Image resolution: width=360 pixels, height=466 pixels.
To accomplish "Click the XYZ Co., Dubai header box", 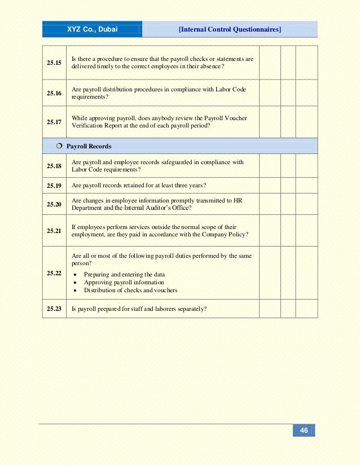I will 93,29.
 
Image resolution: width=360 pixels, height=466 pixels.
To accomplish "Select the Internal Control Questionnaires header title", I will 230,29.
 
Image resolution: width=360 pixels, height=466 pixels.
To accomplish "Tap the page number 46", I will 304,430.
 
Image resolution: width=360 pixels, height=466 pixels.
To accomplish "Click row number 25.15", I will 54,63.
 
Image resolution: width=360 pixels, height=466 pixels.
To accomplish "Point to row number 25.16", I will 54,93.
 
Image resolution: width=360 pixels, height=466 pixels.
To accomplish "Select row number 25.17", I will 54,122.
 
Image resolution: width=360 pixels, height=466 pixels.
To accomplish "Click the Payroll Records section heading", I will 89,146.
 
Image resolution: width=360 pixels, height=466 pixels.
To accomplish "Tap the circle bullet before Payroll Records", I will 59,146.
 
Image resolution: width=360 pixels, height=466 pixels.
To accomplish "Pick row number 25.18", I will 54,166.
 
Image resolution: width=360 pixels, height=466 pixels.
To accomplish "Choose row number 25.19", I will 54,185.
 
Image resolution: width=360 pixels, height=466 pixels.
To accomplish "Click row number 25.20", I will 54,204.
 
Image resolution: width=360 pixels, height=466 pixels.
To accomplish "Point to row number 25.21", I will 54,231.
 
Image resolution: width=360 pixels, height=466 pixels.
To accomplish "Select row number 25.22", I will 54,272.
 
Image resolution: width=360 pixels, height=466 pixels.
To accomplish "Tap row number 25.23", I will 54,309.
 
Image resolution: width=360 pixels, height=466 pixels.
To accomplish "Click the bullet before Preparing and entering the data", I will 76,275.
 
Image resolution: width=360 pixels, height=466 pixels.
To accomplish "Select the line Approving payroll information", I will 124,283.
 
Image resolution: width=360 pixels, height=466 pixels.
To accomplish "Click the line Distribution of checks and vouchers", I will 130,291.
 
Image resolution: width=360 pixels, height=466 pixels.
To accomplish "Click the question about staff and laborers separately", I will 139,309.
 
